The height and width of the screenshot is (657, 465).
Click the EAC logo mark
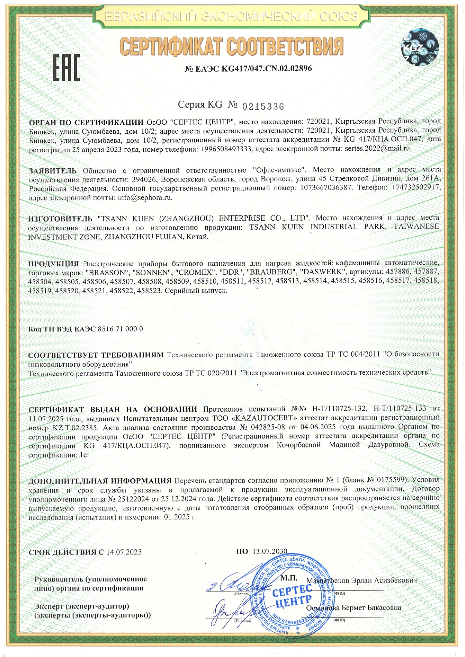pos(66,68)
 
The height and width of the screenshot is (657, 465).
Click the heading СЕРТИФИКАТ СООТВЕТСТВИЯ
pos(231,46)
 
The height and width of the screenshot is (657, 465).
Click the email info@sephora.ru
pos(145,197)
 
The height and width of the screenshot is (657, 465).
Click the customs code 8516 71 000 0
pos(120,329)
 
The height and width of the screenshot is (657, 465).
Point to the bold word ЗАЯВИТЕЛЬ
pos(53,171)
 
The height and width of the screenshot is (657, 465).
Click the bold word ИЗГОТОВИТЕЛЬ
pos(60,218)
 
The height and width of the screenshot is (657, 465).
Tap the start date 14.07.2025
pos(124,552)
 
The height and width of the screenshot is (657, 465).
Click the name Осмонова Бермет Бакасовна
pos(354,608)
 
